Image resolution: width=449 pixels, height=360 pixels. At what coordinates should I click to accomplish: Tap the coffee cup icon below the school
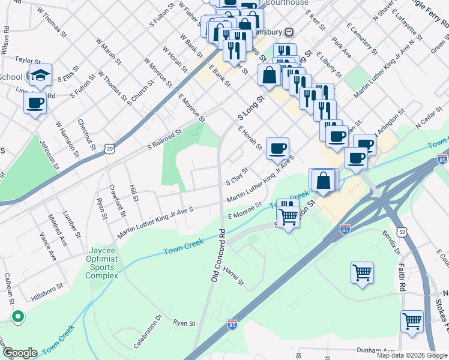(x=35, y=103)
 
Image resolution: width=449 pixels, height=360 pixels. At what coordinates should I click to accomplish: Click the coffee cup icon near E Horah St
(x=277, y=149)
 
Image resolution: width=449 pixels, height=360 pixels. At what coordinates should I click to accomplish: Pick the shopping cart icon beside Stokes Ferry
(x=412, y=321)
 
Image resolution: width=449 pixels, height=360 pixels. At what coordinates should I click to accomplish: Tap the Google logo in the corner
(x=19, y=353)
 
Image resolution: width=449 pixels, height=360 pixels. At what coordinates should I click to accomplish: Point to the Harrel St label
(x=233, y=277)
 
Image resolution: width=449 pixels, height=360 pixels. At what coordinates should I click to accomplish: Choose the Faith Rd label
(x=400, y=275)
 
